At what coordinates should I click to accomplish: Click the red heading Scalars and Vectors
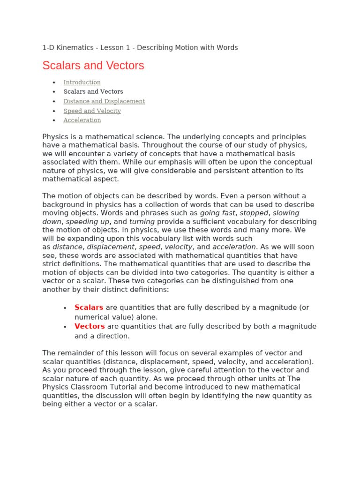93,66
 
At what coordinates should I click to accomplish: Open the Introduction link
82,82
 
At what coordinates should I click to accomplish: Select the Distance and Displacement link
104,101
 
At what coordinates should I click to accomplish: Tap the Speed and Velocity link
92,111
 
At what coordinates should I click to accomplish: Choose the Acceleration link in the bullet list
82,120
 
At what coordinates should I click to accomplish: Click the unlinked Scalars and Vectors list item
93,92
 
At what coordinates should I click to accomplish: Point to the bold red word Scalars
89,307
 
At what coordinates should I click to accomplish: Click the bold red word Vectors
90,326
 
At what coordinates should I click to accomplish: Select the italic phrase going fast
217,213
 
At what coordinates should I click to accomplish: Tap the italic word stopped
254,213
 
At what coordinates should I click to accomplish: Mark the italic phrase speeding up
88,222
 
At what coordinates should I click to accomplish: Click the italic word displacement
111,247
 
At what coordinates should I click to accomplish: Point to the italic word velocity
179,247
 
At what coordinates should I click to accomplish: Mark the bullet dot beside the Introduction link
54,83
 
